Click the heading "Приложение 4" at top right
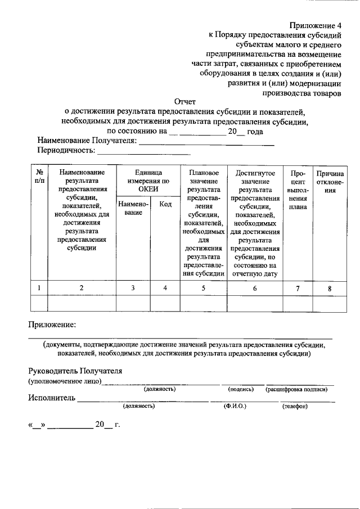point(315,26)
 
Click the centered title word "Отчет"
point(184,102)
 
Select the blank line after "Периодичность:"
point(144,152)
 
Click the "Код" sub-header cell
point(165,204)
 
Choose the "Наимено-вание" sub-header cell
point(133,209)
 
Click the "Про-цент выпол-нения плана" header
point(298,190)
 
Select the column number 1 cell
point(38,288)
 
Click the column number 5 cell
point(203,288)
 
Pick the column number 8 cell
point(330,289)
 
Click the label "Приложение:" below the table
point(52,325)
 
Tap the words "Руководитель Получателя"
point(75,371)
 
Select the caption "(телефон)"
point(295,407)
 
